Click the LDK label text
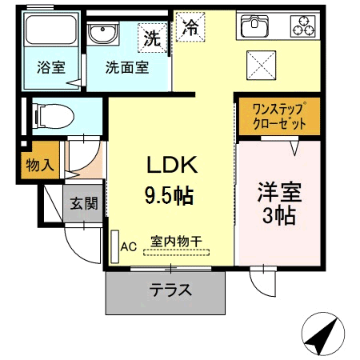(x=172, y=165)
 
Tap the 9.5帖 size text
(x=169, y=195)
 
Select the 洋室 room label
(x=279, y=192)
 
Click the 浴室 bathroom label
(x=51, y=67)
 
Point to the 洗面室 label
(x=127, y=67)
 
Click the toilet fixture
(x=53, y=117)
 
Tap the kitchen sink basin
(x=254, y=26)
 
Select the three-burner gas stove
(x=303, y=26)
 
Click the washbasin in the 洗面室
(x=102, y=34)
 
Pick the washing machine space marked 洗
(x=152, y=38)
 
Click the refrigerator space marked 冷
(x=190, y=27)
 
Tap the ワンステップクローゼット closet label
(x=279, y=116)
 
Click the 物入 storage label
(x=40, y=165)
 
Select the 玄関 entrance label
(x=84, y=203)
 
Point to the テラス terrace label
(x=170, y=290)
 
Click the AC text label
(x=129, y=247)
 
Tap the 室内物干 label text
(x=176, y=242)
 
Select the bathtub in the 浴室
(x=51, y=30)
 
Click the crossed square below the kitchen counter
(x=261, y=66)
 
